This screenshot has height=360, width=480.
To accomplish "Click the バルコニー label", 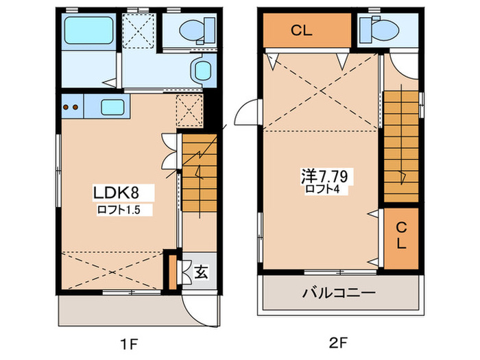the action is pyautogui.click(x=339, y=293).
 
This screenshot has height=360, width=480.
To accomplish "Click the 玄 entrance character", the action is pyautogui.click(x=201, y=272).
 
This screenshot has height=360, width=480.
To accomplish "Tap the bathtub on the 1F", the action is pyautogui.click(x=88, y=29).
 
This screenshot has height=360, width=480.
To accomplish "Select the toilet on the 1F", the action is pyautogui.click(x=191, y=29).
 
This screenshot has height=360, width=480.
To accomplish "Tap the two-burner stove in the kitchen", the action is pyautogui.click(x=71, y=106).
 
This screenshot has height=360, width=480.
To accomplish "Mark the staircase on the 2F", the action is pyautogui.click(x=400, y=145).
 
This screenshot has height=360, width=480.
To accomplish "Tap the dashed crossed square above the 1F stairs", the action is pyautogui.click(x=189, y=111).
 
